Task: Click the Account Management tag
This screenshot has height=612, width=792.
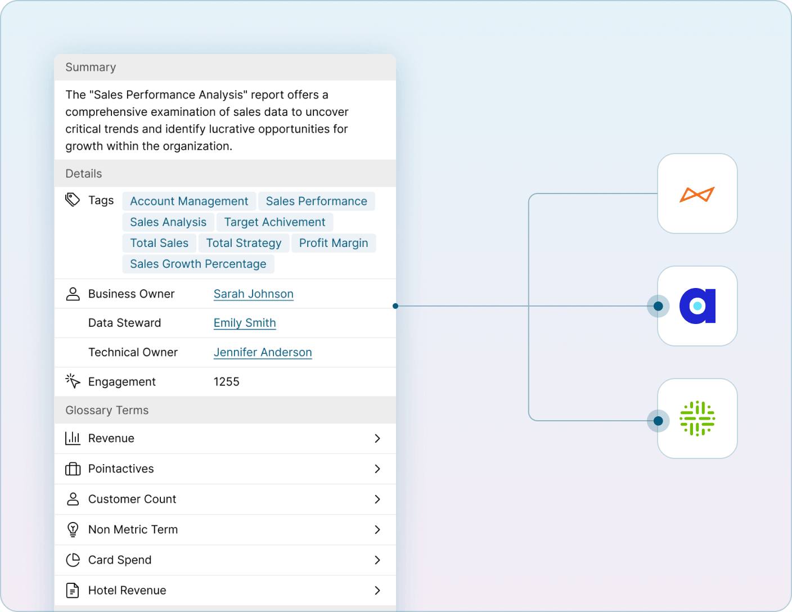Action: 189,201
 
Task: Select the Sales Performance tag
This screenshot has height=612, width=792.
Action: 316,201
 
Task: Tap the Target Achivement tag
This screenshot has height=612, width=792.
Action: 274,222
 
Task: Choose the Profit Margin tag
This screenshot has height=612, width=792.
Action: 334,243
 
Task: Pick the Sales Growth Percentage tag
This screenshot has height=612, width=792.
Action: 198,264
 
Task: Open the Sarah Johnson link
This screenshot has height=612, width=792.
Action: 254,294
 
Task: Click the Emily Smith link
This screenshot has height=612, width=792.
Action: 245,323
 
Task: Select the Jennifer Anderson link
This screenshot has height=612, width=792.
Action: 263,352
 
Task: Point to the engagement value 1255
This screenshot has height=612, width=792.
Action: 227,382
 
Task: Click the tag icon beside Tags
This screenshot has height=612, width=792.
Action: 73,200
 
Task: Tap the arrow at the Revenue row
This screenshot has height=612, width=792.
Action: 377,438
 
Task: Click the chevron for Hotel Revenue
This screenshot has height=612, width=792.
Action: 377,590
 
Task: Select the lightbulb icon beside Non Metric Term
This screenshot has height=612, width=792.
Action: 73,529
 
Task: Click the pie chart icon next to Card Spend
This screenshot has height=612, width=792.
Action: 73,560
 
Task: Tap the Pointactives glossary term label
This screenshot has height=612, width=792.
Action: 121,469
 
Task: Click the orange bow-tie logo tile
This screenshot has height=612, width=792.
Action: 697,194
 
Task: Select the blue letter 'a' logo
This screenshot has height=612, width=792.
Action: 697,306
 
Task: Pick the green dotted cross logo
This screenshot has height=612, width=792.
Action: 697,418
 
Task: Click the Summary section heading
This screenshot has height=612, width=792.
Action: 91,67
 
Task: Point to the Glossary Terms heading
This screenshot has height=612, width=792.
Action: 107,411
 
